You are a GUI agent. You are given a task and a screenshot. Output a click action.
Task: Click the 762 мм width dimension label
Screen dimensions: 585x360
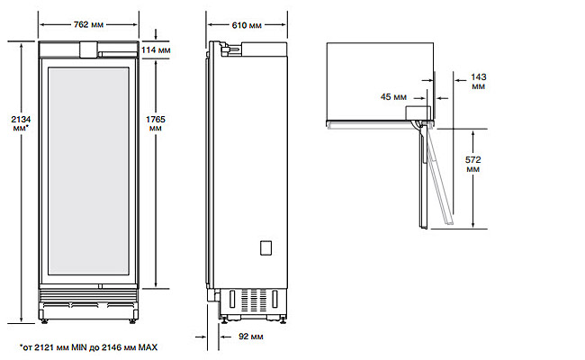tap(88, 24)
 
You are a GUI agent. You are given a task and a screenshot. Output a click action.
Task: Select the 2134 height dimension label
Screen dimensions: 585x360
tap(21, 123)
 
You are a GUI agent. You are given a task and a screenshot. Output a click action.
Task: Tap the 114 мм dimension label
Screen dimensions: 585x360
tap(156, 49)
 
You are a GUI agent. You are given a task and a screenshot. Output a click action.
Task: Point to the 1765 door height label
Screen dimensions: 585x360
tap(155, 123)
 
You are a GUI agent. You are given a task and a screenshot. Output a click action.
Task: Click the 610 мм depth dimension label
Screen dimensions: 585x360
tap(247, 25)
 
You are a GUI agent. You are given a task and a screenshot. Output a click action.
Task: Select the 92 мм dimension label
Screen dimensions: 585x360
tap(251, 337)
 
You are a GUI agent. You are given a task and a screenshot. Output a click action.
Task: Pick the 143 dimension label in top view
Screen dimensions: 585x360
tap(478, 81)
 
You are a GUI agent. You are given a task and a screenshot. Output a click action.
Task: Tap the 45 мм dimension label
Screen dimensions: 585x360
tap(393, 97)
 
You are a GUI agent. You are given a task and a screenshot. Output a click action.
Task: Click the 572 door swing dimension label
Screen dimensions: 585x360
tap(472, 164)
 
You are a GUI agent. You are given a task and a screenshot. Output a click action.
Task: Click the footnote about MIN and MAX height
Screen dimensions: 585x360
tap(89, 347)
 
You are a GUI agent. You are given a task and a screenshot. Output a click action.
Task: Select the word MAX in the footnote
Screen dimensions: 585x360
tap(148, 347)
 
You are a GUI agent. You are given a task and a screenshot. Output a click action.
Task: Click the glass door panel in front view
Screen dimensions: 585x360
tap(88, 171)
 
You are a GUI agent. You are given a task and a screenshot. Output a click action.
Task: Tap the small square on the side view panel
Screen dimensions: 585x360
tap(265, 248)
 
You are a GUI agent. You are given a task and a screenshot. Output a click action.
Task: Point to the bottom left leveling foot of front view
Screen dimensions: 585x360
tap(44, 321)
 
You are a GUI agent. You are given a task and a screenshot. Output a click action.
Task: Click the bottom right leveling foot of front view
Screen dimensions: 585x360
tap(132, 321)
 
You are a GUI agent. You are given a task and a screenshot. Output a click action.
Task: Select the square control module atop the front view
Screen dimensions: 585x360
tap(88, 50)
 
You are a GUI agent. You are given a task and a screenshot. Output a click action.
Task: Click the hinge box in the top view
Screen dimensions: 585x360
tap(418, 112)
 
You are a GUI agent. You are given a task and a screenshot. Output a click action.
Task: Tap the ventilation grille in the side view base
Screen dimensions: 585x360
tap(254, 300)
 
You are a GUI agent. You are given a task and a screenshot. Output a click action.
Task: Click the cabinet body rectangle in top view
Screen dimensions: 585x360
tap(380, 81)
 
